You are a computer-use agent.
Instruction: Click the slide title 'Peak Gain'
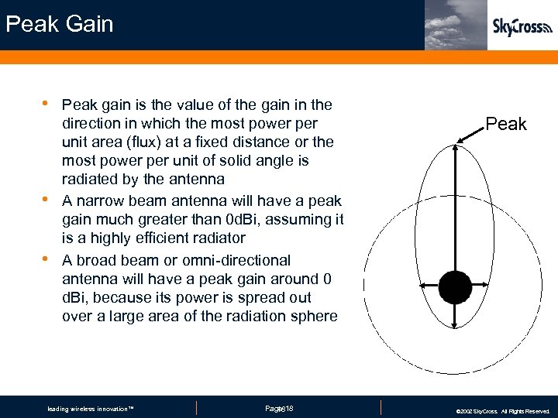pyautogui.click(x=59, y=24)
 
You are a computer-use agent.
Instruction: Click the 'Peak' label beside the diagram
pyautogui.click(x=506, y=124)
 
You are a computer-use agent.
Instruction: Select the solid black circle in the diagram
pyautogui.click(x=455, y=287)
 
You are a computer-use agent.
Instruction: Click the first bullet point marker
pyautogui.click(x=46, y=103)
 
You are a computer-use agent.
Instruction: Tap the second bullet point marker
pyautogui.click(x=46, y=200)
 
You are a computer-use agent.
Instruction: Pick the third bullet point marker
pyautogui.click(x=46, y=259)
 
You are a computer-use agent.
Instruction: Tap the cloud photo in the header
pyautogui.click(x=456, y=25)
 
